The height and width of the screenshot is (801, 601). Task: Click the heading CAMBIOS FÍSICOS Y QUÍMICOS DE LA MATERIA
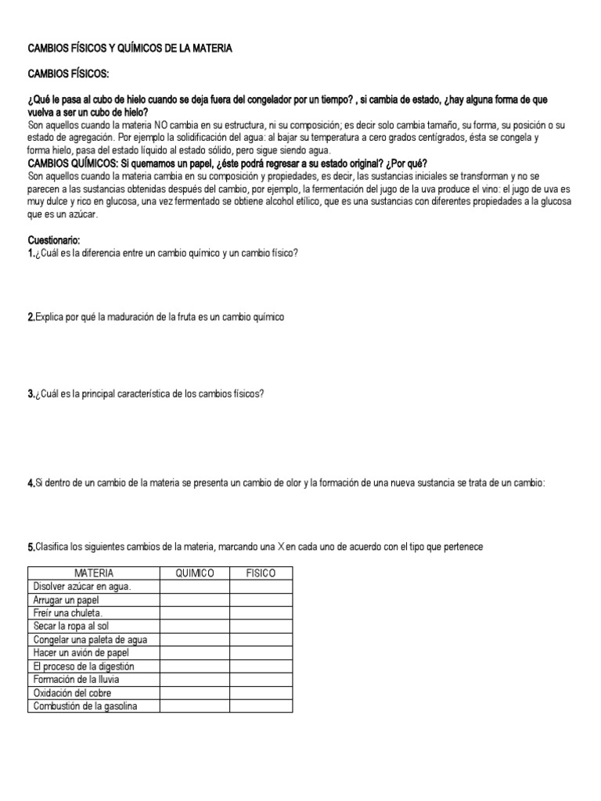coord(130,48)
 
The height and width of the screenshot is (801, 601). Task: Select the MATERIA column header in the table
coord(94,573)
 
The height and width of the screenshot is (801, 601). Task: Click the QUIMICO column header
coord(195,573)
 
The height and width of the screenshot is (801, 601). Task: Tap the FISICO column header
coord(261,573)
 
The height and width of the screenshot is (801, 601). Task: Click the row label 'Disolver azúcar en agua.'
coord(82,587)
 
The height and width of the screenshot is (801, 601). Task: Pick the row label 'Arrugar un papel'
coord(66,600)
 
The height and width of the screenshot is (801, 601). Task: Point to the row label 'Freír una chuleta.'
coord(68,613)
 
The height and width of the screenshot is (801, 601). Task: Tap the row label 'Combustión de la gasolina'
coord(85,706)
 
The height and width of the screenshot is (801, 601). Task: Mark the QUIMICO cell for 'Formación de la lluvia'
coord(195,680)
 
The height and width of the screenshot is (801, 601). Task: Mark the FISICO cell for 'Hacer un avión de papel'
coord(261,653)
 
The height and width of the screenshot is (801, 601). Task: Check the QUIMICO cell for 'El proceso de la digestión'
coord(195,666)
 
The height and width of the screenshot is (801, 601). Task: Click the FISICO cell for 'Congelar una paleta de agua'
coord(261,640)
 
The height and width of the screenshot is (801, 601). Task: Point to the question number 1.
coord(30,253)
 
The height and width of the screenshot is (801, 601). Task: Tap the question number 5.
coord(30,547)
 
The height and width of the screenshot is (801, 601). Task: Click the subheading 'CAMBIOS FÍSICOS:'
coord(69,74)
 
